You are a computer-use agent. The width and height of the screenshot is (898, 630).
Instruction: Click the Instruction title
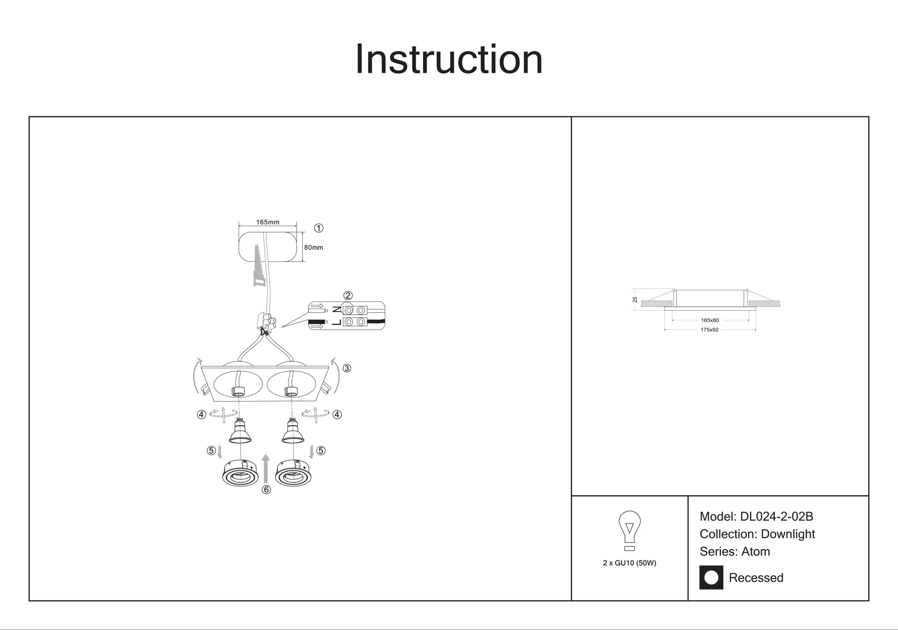coord(449,59)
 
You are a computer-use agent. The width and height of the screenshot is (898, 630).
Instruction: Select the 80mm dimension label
coord(314,247)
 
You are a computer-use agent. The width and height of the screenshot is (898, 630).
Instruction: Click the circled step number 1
coord(319,228)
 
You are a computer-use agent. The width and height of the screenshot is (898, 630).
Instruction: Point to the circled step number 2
coord(348,295)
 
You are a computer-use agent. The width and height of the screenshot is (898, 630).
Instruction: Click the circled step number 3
coord(346,368)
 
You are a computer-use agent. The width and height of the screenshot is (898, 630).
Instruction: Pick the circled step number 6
coord(266,490)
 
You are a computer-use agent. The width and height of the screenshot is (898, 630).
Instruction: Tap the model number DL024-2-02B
coord(776,517)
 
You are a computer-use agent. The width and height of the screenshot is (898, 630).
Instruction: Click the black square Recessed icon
coord(711,577)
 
